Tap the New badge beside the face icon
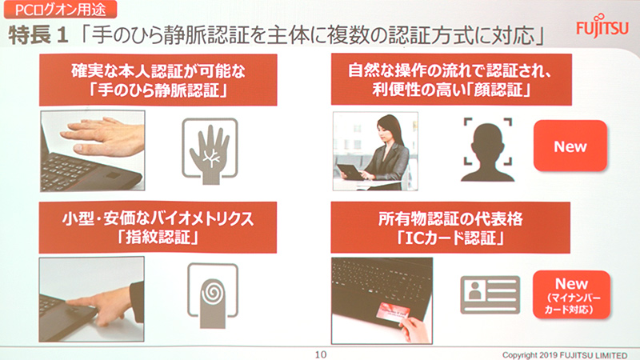(570, 146)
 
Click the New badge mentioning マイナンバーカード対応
(570, 295)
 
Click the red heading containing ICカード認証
(451, 226)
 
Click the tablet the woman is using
(349, 170)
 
